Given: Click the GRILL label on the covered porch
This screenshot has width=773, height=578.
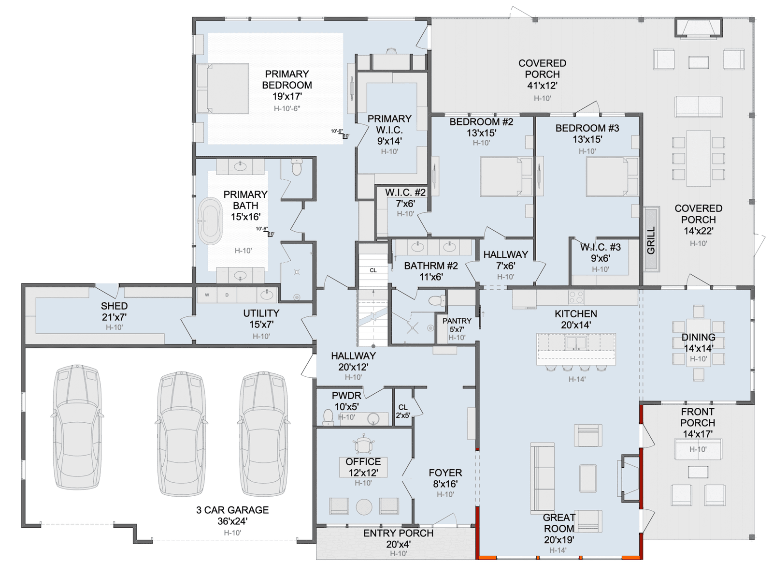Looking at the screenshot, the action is [x=651, y=240].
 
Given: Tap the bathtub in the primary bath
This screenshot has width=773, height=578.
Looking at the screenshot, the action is [x=210, y=221].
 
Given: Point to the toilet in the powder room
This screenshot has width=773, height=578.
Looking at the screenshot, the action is [x=328, y=417].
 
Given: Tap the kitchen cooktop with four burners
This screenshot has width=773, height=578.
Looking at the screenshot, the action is [x=576, y=297].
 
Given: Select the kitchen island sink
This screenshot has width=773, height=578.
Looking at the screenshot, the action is [x=576, y=343].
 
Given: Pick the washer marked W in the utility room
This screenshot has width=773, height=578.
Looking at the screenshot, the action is [x=207, y=295].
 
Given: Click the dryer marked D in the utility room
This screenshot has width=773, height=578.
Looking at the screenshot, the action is [x=227, y=295].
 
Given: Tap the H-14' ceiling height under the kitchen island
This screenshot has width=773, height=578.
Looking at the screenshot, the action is [x=577, y=379].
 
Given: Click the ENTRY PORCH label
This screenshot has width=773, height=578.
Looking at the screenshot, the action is [x=398, y=533].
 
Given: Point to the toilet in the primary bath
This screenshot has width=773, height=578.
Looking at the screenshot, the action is [x=297, y=167].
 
